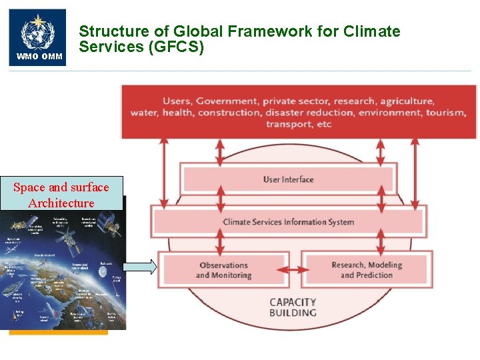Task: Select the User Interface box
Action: coord(288,179)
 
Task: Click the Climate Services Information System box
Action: coord(288,222)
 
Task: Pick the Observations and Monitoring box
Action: coord(223,270)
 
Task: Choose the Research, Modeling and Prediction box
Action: coord(367,270)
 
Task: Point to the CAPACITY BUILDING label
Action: coord(293,307)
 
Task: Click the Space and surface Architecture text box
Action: coord(61,195)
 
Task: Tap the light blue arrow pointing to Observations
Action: coord(141,267)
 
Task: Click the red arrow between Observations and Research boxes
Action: coord(295,270)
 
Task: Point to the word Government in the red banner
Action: coord(227,101)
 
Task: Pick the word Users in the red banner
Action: coord(177,101)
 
